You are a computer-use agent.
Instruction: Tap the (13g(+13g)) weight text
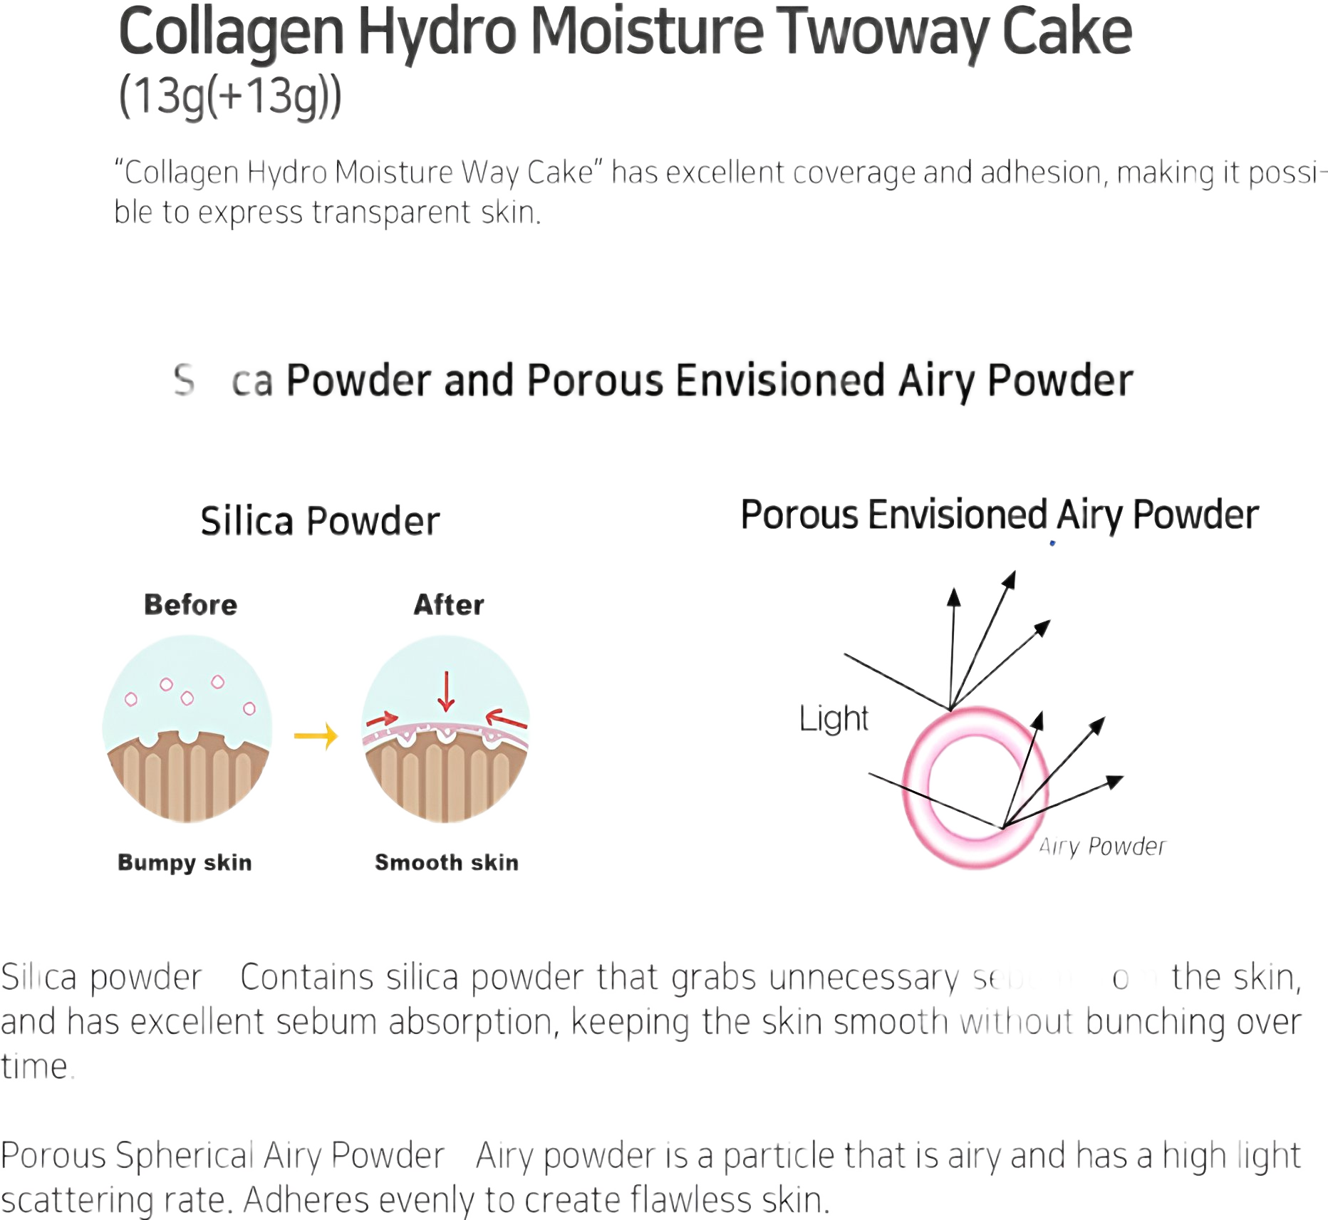pyautogui.click(x=229, y=96)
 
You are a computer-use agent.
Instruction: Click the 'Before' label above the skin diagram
pyautogui.click(x=190, y=605)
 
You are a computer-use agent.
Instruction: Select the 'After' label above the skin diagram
pyautogui.click(x=449, y=605)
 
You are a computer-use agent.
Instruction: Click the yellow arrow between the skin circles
pyautogui.click(x=316, y=736)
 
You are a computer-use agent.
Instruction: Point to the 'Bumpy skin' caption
pyautogui.click(x=185, y=862)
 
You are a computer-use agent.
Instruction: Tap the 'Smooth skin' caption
pyautogui.click(x=447, y=862)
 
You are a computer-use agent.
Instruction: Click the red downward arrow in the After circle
pyautogui.click(x=447, y=691)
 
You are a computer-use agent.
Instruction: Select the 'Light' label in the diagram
pyautogui.click(x=834, y=718)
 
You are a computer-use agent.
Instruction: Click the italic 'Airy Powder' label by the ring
pyautogui.click(x=1102, y=847)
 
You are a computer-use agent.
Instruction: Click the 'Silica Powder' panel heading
pyautogui.click(x=320, y=521)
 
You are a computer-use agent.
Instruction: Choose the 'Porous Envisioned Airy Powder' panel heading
pyautogui.click(x=1000, y=515)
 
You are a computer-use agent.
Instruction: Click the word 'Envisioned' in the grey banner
pyautogui.click(x=780, y=380)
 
